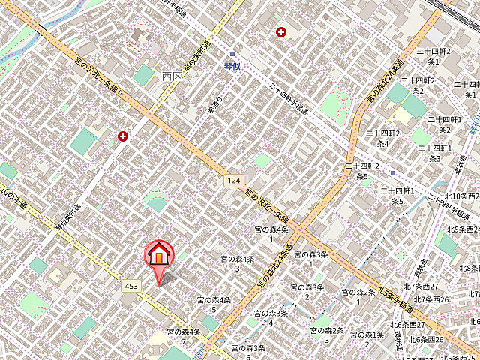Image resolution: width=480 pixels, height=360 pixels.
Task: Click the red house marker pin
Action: [x=158, y=255]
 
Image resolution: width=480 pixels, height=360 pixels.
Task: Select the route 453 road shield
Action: [x=131, y=286]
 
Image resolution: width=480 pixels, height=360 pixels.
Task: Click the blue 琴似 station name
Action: [x=232, y=66]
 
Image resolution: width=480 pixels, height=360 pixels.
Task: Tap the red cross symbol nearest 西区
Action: [x=122, y=136]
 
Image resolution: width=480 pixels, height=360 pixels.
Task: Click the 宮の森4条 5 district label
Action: [x=213, y=303]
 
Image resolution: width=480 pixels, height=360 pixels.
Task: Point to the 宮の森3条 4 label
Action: [x=271, y=317]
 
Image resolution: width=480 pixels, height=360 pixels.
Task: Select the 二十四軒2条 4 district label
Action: [x=382, y=138]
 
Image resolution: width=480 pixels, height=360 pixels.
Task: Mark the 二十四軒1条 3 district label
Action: [x=435, y=153]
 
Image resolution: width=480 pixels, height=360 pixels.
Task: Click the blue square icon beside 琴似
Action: [x=232, y=53]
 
